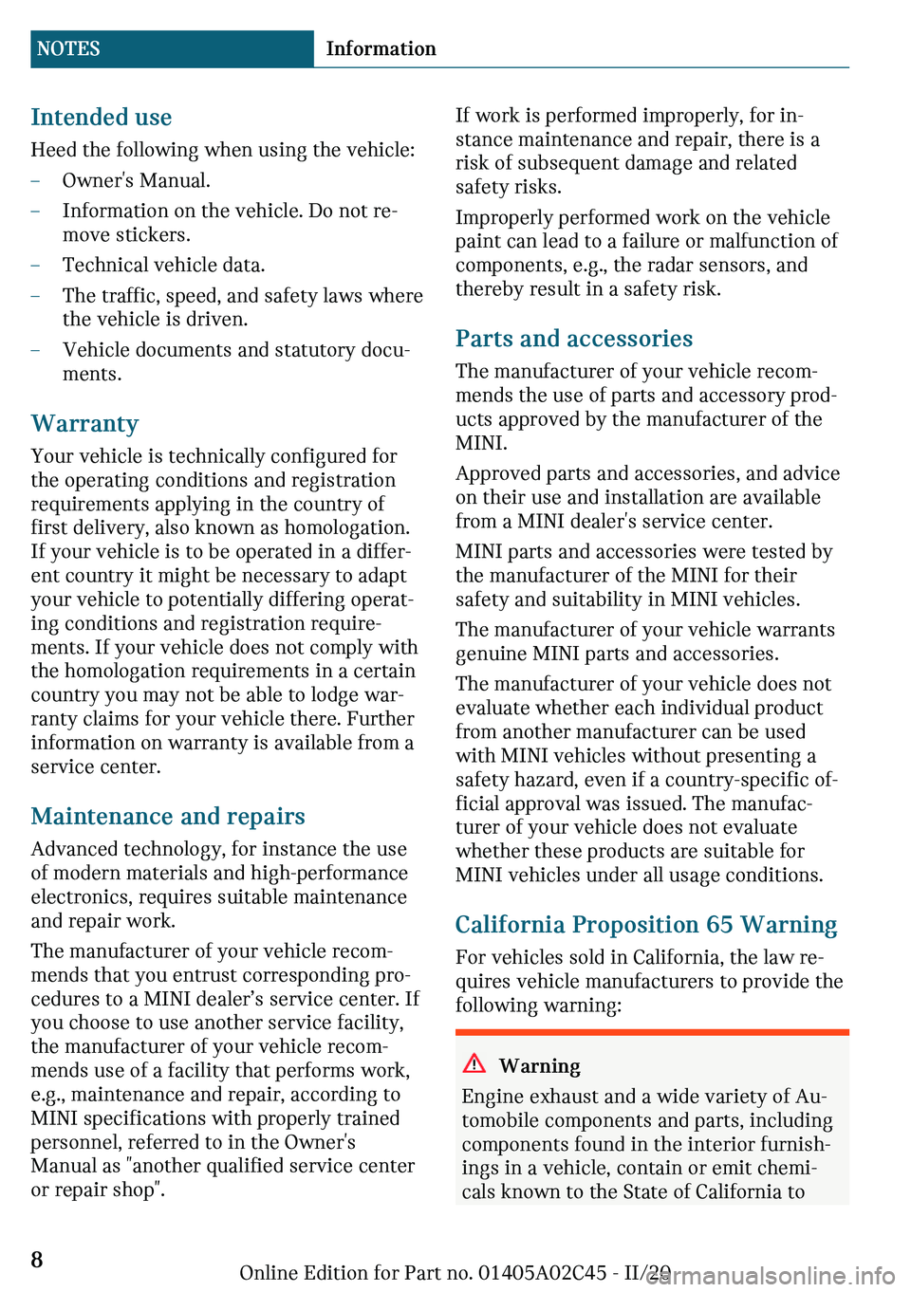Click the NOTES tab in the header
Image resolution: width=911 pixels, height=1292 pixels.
click(68, 49)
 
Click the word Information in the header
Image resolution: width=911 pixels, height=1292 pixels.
click(381, 49)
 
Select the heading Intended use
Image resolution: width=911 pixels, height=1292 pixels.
click(102, 118)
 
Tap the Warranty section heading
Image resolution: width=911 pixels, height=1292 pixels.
click(84, 424)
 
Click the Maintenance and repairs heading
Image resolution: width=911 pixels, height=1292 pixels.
click(168, 817)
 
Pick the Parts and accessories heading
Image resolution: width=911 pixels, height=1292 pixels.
click(574, 339)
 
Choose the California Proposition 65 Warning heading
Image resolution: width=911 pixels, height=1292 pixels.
click(646, 925)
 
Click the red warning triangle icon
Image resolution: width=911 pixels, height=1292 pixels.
click(474, 1063)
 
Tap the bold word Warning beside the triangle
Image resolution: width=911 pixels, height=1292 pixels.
click(540, 1066)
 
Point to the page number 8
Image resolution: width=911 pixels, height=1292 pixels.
click(37, 1260)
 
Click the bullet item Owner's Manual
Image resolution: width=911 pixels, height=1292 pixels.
click(137, 180)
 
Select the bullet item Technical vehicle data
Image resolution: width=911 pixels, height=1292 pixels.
click(163, 265)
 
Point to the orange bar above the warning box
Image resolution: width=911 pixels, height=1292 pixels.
click(652, 1032)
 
